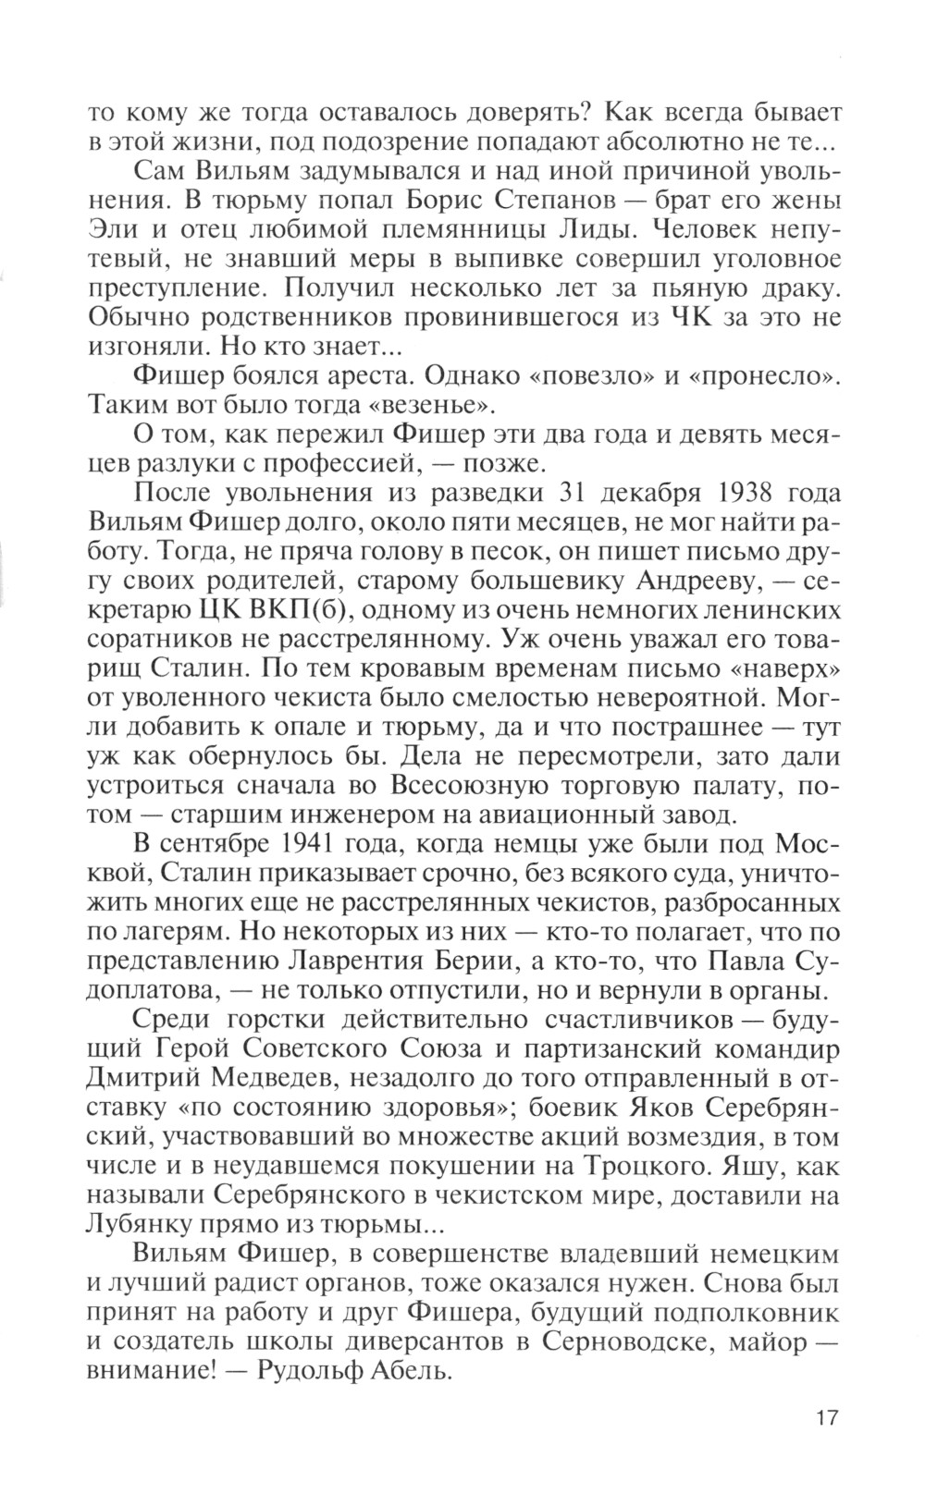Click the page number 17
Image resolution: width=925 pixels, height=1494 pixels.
[826, 1416]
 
